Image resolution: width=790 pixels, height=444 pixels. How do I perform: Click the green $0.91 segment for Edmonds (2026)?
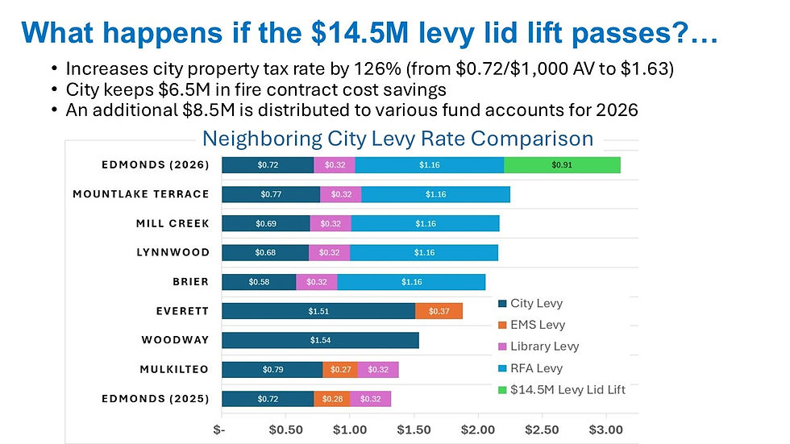(562, 165)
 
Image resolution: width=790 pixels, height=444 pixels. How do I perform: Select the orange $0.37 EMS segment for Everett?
(439, 311)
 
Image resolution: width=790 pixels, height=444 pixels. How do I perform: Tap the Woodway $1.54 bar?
(320, 340)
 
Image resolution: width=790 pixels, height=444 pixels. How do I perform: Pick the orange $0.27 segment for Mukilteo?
(340, 370)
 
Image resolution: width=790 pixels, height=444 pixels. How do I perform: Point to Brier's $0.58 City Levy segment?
(259, 282)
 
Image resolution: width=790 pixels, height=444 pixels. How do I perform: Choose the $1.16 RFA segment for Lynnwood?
(423, 253)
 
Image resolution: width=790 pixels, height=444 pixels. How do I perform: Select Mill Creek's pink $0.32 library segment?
(330, 223)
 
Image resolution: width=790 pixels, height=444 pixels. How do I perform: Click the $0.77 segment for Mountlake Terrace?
(271, 194)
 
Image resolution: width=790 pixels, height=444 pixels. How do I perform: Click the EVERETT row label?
(182, 311)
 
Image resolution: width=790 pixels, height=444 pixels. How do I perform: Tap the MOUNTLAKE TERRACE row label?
(141, 194)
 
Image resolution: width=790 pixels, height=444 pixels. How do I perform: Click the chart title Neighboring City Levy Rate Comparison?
(397, 139)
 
